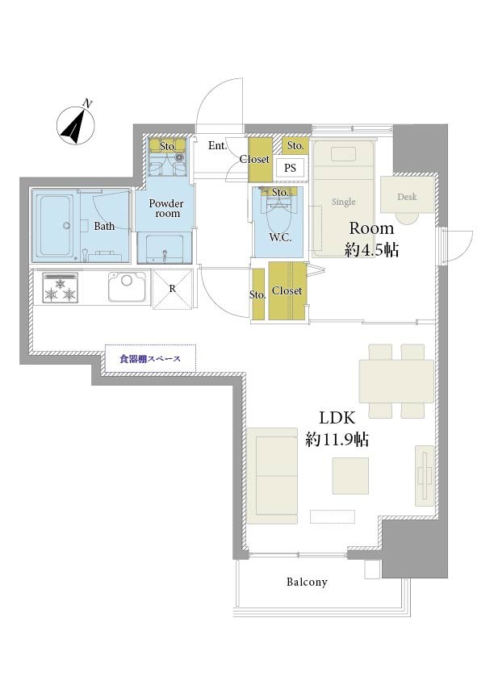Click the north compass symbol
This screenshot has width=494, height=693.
[x=76, y=124]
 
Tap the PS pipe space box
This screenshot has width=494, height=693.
[x=290, y=168]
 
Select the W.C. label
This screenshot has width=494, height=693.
[x=280, y=237]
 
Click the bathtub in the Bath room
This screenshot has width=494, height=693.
[x=55, y=225]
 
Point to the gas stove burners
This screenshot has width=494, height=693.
[x=61, y=288]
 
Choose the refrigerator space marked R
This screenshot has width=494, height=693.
[x=173, y=289]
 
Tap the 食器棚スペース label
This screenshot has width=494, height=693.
[x=150, y=359]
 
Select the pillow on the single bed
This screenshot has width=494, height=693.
[x=344, y=154]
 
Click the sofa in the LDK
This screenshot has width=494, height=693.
[x=273, y=475]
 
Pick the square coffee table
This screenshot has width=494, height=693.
[x=350, y=475]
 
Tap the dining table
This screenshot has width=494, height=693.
[x=396, y=381]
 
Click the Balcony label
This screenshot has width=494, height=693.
[x=307, y=582]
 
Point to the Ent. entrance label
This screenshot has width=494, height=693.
[x=217, y=145]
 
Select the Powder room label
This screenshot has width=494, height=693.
[x=166, y=208]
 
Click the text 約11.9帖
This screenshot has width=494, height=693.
[x=337, y=440]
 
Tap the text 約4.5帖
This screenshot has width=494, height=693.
[x=371, y=250]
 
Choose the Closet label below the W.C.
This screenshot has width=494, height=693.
[x=287, y=290]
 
